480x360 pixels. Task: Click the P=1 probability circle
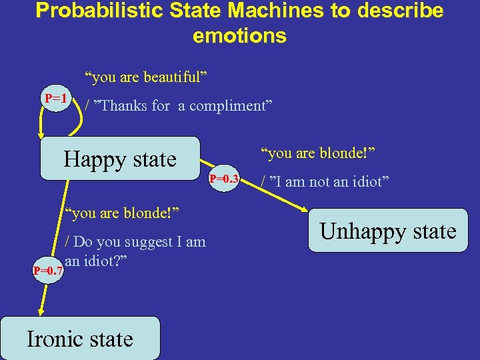pos(56,99)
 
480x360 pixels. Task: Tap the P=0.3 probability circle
pos(224,179)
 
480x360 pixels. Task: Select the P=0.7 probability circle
pos(48,271)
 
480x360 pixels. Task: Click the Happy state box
pos(120,159)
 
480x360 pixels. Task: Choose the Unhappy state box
pos(388,231)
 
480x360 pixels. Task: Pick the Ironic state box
pos(80,339)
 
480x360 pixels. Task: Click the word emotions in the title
pos(239,35)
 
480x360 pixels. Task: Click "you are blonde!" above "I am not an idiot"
pos(318,154)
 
